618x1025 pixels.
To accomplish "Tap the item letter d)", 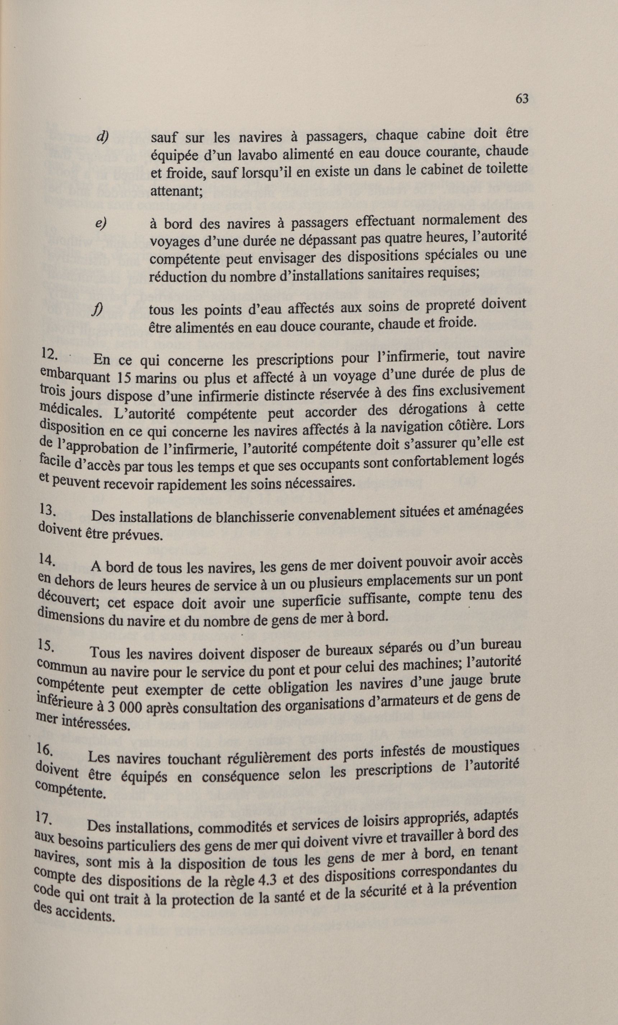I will pyautogui.click(x=102, y=137).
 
